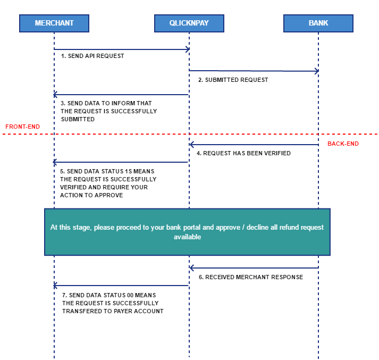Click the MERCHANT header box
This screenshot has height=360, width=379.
[x=54, y=23]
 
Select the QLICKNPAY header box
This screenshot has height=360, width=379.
[x=189, y=23]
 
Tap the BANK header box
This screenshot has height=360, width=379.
[x=318, y=23]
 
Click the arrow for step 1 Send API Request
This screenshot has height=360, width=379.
[x=122, y=49]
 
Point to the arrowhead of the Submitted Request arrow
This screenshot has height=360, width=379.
[x=317, y=71]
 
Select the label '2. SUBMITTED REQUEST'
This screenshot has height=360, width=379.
[x=233, y=80]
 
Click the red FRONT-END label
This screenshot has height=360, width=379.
[x=22, y=127]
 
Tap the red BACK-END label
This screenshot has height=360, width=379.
[x=343, y=144]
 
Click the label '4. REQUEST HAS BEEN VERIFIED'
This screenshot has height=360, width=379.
[x=243, y=153]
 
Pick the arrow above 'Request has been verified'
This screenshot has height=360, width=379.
[x=254, y=145]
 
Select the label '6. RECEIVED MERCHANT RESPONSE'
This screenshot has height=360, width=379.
[x=251, y=277]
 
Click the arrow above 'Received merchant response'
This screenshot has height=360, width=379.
[x=254, y=268]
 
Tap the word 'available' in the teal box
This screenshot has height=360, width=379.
[x=187, y=237]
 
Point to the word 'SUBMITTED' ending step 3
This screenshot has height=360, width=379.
[x=78, y=119]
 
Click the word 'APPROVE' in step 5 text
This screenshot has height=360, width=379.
[x=110, y=195]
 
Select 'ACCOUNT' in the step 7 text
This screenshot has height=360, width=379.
[x=149, y=311]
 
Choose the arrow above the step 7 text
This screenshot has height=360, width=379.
[x=121, y=286]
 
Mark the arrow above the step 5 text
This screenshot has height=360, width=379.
[x=120, y=162]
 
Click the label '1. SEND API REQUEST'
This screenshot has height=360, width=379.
[x=92, y=56]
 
